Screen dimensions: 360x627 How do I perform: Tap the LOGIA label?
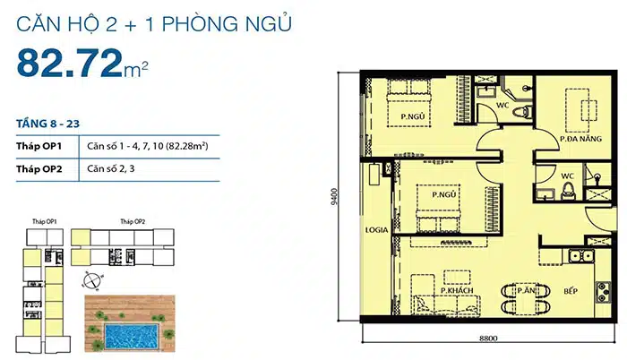tap(375, 230)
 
